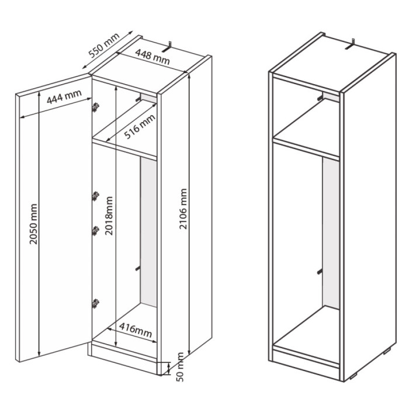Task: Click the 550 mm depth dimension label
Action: click(x=104, y=45)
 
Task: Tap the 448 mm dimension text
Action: click(x=152, y=57)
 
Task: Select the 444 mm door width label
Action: click(x=64, y=96)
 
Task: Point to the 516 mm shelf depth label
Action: click(x=140, y=126)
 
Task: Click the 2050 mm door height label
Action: click(x=33, y=224)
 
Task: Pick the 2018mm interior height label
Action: click(x=109, y=216)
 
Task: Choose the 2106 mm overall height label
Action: click(x=183, y=209)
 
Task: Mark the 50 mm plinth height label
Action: click(x=180, y=367)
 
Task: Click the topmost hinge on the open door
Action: click(x=96, y=107)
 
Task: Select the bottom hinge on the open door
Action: click(x=96, y=303)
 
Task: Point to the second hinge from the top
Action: click(x=96, y=196)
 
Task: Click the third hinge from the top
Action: click(x=96, y=231)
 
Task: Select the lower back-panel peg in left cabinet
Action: click(x=138, y=269)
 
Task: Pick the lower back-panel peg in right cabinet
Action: click(x=320, y=272)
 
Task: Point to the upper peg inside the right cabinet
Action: click(x=320, y=98)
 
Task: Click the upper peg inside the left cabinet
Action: click(x=138, y=99)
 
